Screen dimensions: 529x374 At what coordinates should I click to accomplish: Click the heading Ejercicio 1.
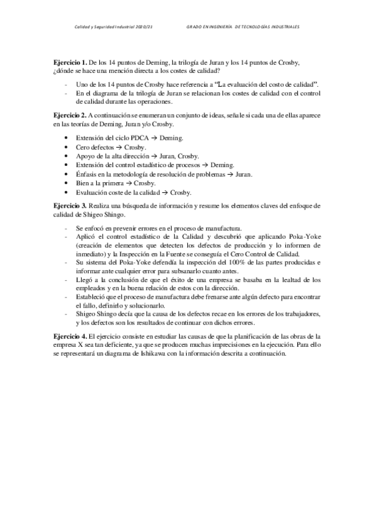(70, 64)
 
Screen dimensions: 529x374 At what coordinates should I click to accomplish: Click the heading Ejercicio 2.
(70, 116)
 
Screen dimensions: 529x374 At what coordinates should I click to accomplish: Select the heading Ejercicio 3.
(70, 205)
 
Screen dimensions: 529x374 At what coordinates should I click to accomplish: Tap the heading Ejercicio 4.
(70, 336)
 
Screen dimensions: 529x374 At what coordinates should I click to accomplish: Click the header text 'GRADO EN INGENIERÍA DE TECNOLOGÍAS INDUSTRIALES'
(243, 27)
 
